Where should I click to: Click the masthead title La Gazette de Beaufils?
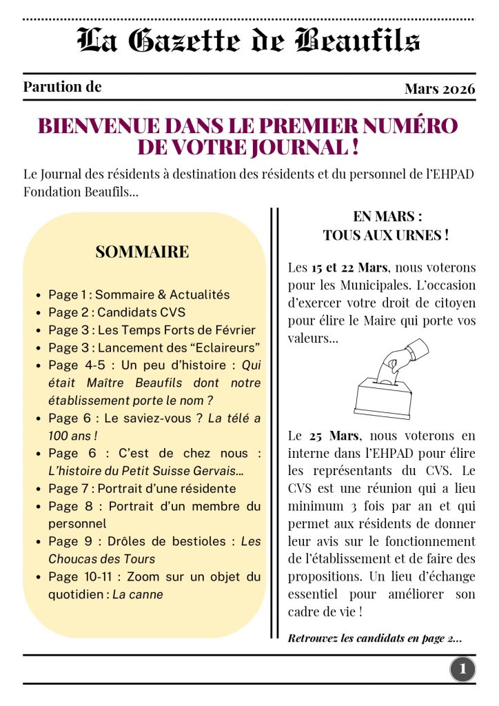click(x=249, y=41)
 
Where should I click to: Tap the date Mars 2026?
click(x=440, y=89)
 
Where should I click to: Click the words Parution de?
click(x=62, y=87)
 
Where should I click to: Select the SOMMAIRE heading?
click(x=142, y=252)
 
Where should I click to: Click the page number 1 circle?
click(x=462, y=668)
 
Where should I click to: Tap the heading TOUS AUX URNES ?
click(x=386, y=235)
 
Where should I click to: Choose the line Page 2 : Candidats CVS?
click(x=116, y=312)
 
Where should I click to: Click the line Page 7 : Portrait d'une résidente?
click(x=142, y=488)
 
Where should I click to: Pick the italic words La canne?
click(x=138, y=594)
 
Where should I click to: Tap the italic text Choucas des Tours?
click(x=102, y=558)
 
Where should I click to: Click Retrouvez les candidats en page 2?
click(x=374, y=638)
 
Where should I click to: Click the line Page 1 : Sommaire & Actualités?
click(x=139, y=294)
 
